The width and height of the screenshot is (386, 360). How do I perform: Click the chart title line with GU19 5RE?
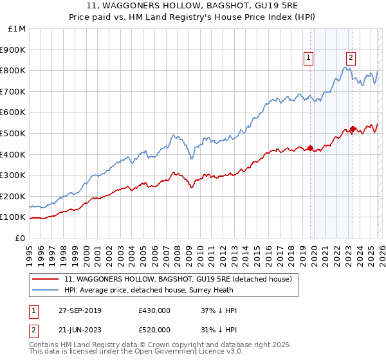click(193, 6)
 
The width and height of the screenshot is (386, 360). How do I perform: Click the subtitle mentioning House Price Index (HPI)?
click(193, 17)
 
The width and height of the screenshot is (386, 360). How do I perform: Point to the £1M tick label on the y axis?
click(17, 28)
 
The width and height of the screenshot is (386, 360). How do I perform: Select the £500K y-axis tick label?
click(14, 133)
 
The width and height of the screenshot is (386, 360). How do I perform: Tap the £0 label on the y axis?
click(21, 238)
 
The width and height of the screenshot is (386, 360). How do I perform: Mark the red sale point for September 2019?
click(310, 148)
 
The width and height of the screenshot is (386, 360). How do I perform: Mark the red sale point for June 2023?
click(353, 129)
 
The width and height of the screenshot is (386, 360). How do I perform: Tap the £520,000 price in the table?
click(154, 328)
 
